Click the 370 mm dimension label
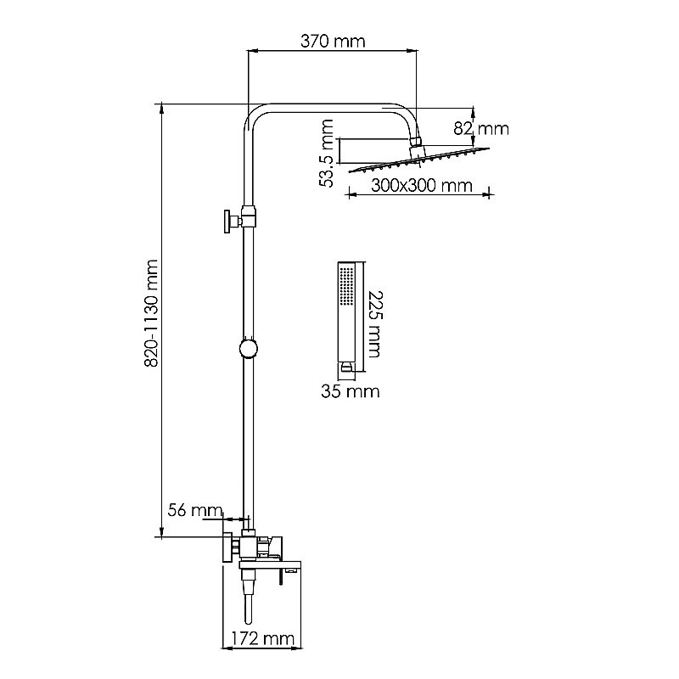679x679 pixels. point(333,42)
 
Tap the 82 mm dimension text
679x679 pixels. point(481,129)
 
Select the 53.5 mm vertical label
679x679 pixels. point(326,153)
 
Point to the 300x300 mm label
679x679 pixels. point(421,186)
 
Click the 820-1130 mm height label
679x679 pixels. point(151,313)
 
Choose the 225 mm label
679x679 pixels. point(374,324)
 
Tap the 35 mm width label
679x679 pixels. point(350,391)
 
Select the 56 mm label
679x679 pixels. point(195,510)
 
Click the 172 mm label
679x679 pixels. point(262,639)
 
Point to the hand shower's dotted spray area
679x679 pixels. point(347,286)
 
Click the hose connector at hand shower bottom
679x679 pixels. point(346,367)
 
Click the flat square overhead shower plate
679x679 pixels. point(419,160)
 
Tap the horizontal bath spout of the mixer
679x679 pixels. point(270,564)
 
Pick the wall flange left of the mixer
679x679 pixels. point(227,547)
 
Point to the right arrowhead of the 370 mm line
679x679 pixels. point(412,51)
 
